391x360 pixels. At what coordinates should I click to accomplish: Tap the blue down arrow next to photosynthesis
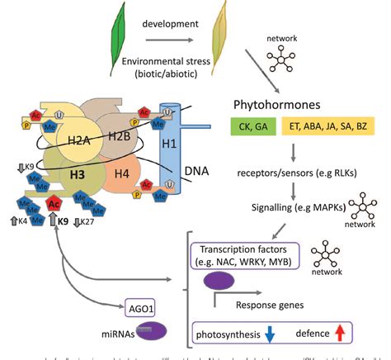(x=271, y=334)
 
